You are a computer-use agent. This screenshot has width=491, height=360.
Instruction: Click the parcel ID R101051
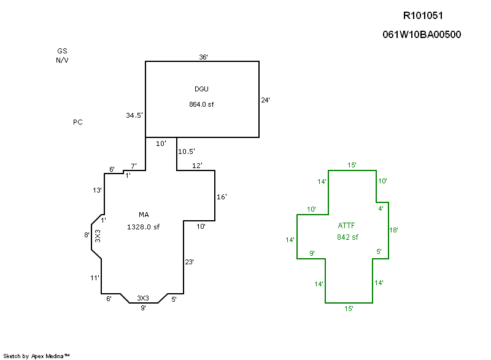pos(423,15)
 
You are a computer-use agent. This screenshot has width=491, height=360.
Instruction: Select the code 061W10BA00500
pos(422,35)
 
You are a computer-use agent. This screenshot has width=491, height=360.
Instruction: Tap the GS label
pos(62,52)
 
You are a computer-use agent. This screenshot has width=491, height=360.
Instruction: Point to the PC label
pos(78,122)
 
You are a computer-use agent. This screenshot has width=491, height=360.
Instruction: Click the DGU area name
pos(201,90)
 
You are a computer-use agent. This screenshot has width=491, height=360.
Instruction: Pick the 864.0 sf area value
pos(201,104)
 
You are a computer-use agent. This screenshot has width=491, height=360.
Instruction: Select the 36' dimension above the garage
pos(203,57)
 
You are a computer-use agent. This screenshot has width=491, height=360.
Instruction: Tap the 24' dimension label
pos(266,99)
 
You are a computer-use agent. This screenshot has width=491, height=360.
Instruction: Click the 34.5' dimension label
pos(134,115)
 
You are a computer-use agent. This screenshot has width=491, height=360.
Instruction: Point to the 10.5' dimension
pos(187,151)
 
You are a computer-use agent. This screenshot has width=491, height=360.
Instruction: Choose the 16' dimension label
pos(222,197)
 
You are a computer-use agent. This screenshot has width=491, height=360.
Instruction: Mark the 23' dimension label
pos(190,262)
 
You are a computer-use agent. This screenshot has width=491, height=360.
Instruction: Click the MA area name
pos(144,215)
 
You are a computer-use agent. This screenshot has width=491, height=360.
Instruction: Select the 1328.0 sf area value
pos(143,227)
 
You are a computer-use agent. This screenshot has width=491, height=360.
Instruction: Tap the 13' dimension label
pos(97,191)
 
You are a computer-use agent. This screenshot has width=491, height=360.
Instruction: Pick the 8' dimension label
pos(87,235)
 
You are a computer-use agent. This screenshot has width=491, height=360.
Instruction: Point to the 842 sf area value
pos(347,237)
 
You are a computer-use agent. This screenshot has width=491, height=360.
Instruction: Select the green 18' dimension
pos(395,230)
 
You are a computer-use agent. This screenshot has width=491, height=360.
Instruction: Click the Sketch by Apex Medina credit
pos(37,356)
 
